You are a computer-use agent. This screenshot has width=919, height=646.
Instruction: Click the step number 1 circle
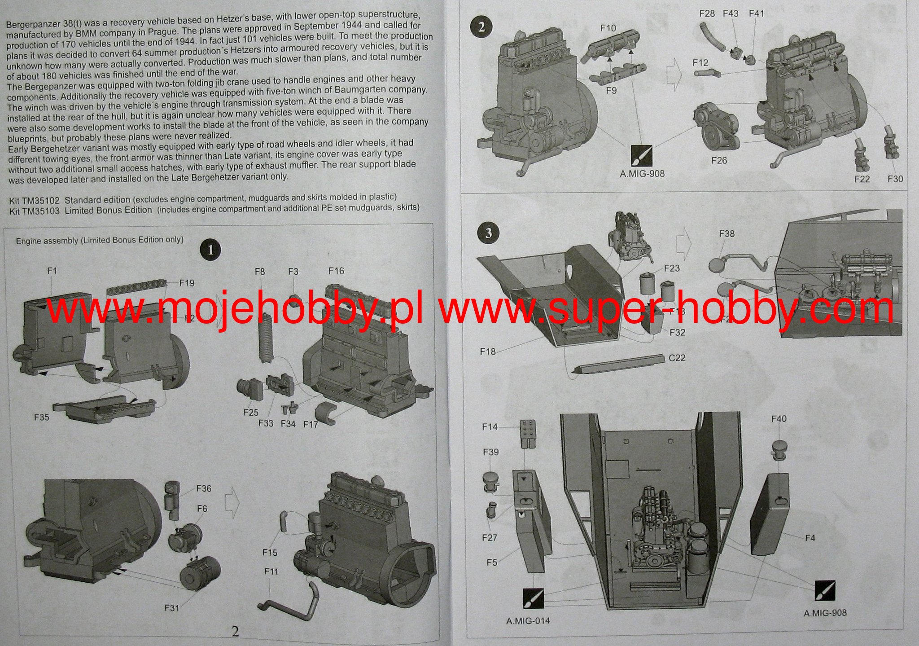pyautogui.click(x=210, y=250)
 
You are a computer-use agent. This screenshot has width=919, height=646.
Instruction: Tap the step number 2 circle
pyautogui.click(x=481, y=27)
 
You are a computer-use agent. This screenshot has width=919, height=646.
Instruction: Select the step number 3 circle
pyautogui.click(x=488, y=233)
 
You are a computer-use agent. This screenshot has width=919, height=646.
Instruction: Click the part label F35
pyautogui.click(x=42, y=417)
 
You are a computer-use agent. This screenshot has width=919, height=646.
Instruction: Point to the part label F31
pyautogui.click(x=172, y=608)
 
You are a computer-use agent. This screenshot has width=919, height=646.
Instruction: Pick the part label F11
pyautogui.click(x=271, y=571)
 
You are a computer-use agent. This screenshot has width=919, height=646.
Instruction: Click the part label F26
pyautogui.click(x=719, y=161)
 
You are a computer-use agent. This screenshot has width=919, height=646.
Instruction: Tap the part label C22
pyautogui.click(x=677, y=358)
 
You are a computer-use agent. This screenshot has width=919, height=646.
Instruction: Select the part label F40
pyautogui.click(x=779, y=419)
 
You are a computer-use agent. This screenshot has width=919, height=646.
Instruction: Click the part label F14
pyautogui.click(x=490, y=427)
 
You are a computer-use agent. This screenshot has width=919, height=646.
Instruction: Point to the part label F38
pyautogui.click(x=726, y=234)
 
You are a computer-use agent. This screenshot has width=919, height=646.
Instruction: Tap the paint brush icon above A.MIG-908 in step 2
pyautogui.click(x=642, y=156)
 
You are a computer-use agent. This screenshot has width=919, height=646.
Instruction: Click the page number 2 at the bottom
pyautogui.click(x=235, y=631)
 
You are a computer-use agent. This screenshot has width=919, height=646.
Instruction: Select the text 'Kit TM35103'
pyautogui.click(x=34, y=211)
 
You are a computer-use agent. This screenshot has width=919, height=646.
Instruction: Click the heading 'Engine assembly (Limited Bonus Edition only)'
pyautogui.click(x=100, y=240)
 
